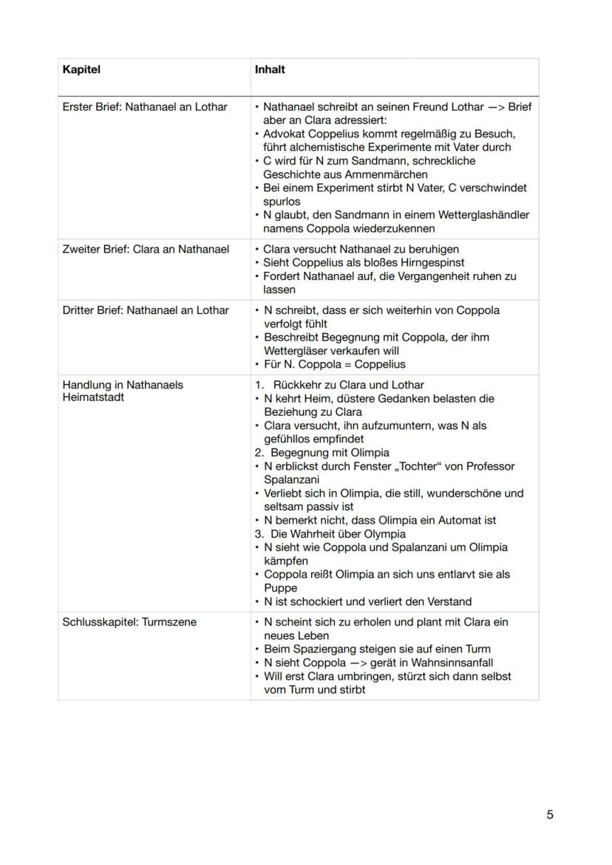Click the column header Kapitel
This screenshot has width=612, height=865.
pos(81,69)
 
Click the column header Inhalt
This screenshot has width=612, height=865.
pos(270,69)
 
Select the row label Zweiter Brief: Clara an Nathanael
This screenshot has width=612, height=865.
pos(146,249)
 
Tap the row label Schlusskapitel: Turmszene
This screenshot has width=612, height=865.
pos(129,622)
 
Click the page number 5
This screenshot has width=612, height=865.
pos(549,815)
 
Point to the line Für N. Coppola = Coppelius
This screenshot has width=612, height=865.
pos(334,364)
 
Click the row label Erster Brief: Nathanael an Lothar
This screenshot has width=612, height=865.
pos(145,107)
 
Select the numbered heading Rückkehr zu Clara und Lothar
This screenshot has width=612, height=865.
pos(348,385)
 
